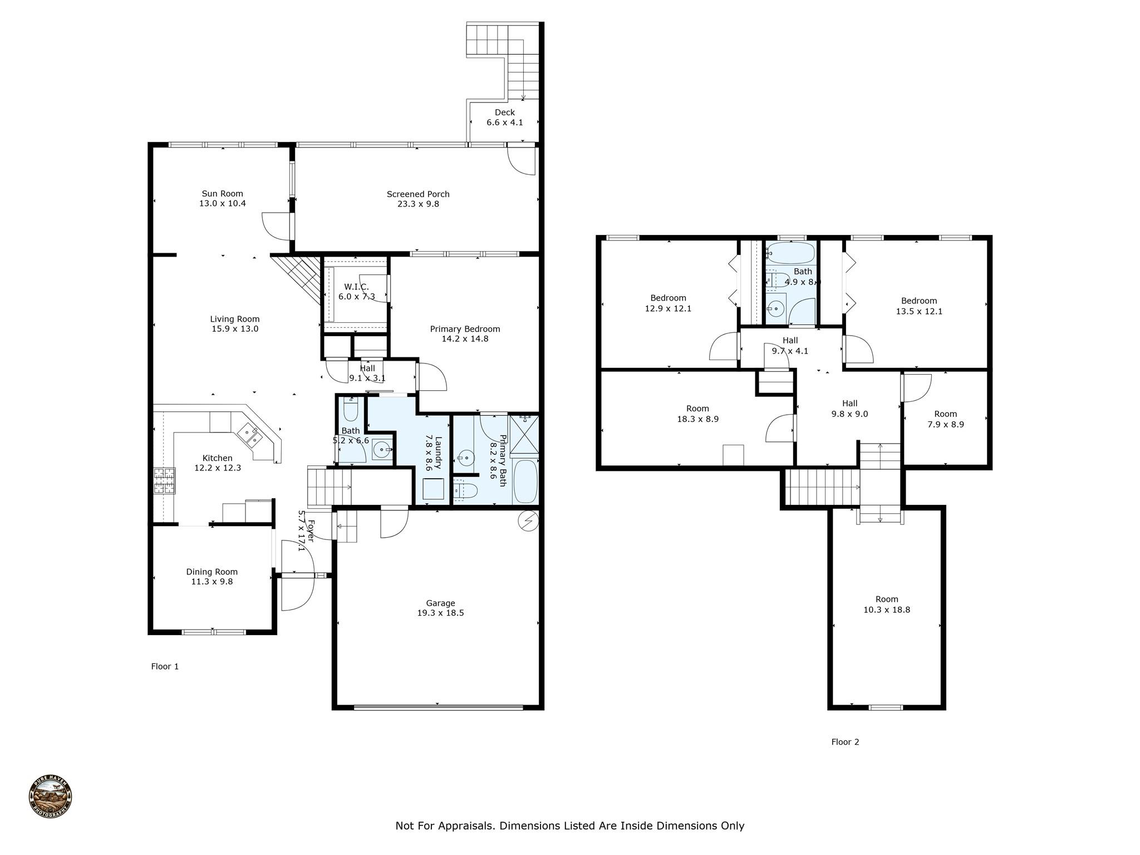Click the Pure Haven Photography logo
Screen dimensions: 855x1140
(x=50, y=797)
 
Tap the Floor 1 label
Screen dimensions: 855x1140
(x=165, y=666)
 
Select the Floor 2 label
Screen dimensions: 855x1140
(x=845, y=741)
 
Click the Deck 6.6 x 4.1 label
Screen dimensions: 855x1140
(x=504, y=117)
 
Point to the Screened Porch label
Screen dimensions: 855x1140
(x=418, y=199)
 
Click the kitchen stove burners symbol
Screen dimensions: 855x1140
(x=164, y=481)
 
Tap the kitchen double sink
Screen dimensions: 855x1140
(x=250, y=435)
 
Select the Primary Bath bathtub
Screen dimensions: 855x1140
(x=525, y=481)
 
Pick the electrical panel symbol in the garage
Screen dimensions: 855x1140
(x=527, y=521)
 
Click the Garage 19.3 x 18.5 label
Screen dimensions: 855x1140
(x=440, y=608)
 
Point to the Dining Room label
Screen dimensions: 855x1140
(x=212, y=576)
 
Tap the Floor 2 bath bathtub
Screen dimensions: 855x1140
(x=790, y=253)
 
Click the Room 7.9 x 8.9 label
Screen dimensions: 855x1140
(x=945, y=419)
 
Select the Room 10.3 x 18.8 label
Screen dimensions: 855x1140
(x=887, y=604)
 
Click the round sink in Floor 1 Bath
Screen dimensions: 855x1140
(x=382, y=449)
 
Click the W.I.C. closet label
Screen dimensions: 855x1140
(x=356, y=291)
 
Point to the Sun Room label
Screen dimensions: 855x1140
(x=222, y=198)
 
